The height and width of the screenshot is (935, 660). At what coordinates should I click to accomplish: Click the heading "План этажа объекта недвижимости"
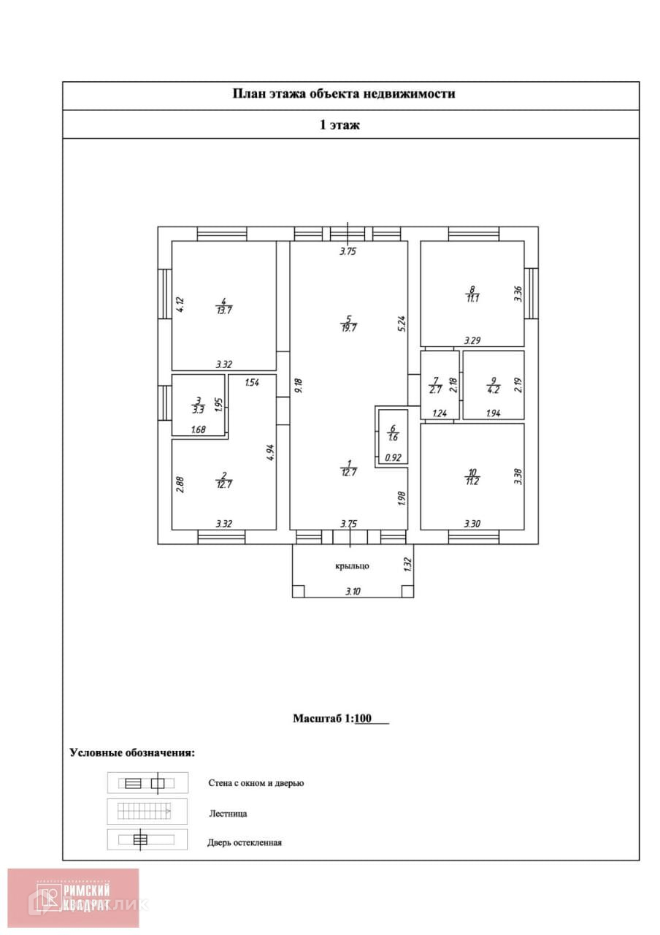[x=343, y=94]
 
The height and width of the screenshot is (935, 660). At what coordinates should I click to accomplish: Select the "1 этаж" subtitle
[x=339, y=125]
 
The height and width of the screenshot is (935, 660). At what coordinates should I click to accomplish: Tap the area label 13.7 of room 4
[x=224, y=310]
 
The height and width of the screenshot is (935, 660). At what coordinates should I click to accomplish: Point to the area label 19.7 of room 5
[x=349, y=328]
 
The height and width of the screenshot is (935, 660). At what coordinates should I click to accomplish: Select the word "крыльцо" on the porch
[x=352, y=565]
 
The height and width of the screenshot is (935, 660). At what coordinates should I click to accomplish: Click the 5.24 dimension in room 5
[x=401, y=324]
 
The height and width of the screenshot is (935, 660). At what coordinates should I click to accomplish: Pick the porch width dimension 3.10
[x=352, y=591]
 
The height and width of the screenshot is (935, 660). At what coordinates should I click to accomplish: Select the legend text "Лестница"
[x=228, y=813]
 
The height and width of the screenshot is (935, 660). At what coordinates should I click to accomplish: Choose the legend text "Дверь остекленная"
[x=245, y=842]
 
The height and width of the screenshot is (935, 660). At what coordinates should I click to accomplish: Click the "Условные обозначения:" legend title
[x=132, y=752]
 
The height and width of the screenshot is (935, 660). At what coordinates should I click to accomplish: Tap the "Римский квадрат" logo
[x=74, y=897]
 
